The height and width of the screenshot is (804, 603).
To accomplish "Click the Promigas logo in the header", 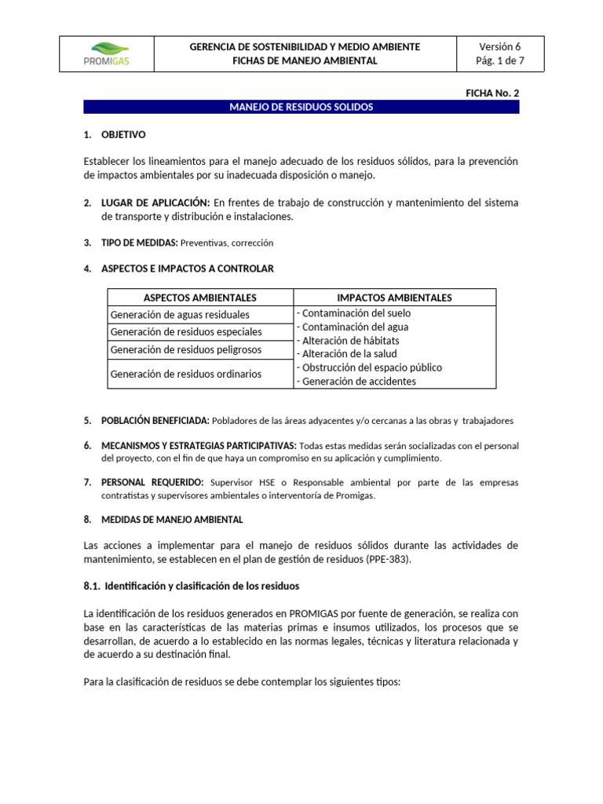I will click(106, 54).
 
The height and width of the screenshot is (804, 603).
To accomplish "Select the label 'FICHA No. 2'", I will click(492, 93).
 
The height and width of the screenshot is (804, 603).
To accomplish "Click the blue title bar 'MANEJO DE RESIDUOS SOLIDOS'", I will click(301, 107).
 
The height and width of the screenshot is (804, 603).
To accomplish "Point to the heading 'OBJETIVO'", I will click(123, 135).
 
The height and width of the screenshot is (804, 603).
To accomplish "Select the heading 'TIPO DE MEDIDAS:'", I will click(140, 243).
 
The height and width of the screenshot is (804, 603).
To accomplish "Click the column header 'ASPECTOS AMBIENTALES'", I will click(200, 298).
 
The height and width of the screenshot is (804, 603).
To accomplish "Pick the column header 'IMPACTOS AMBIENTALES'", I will click(394, 298).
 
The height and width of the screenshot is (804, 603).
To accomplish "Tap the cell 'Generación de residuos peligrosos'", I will click(186, 349).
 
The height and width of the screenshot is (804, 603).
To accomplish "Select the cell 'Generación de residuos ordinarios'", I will click(186, 374).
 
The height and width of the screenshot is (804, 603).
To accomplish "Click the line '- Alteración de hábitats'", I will click(348, 341).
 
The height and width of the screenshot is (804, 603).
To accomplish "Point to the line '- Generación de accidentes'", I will click(356, 382).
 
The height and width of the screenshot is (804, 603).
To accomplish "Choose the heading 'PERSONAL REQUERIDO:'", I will click(152, 482).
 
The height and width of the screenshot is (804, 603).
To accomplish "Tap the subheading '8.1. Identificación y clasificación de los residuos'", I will click(191, 587).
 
